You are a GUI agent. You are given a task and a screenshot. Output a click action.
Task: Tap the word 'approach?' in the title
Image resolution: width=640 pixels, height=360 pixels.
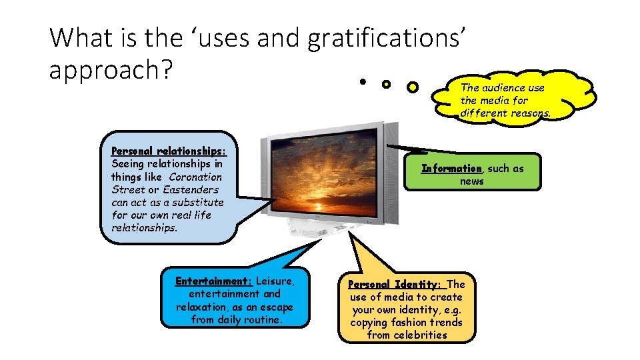coord(111,69)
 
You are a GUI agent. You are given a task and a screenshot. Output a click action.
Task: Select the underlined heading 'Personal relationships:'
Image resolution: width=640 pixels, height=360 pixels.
coord(173,151)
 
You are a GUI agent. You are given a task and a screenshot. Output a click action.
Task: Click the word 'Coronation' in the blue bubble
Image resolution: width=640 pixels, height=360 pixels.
coord(195,177)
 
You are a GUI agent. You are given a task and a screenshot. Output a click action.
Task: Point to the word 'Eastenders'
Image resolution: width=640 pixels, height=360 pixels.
coord(191,189)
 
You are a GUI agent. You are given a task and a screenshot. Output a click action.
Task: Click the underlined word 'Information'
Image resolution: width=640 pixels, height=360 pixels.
coord(451,169)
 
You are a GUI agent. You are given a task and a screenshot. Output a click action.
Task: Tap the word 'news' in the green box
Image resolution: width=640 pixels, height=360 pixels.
coord(472,181)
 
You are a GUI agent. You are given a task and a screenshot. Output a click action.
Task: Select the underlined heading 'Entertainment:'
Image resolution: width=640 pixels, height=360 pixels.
coord(213,281)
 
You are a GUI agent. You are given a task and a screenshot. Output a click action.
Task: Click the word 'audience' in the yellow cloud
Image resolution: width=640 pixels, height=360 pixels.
coord(503,88)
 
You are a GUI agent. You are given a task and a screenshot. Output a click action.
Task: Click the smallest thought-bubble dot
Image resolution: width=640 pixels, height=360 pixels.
coord(361,83)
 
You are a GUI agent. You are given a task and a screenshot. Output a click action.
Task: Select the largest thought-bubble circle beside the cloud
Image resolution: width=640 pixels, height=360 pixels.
coord(413,87)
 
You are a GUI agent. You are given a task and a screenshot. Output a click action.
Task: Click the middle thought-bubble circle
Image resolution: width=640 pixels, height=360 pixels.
coord(386,85)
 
